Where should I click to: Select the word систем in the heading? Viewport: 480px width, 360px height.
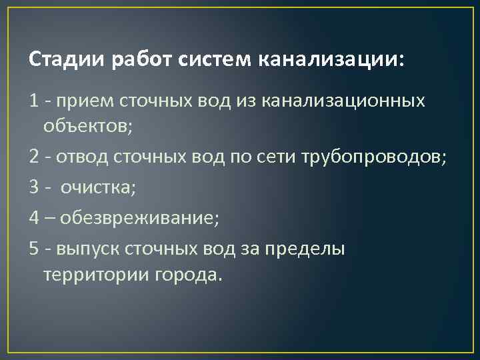(x=214, y=61)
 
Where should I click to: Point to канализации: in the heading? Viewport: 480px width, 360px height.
(x=330, y=61)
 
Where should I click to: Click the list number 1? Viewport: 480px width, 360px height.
(x=34, y=101)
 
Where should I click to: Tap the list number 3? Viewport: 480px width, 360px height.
(x=34, y=188)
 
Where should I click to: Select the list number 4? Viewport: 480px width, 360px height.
(x=34, y=218)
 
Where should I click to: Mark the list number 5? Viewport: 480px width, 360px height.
(x=34, y=249)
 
